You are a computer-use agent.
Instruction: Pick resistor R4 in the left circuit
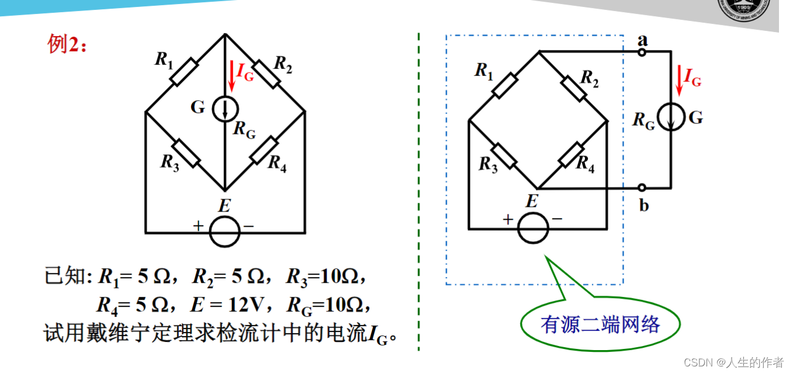click(x=264, y=151)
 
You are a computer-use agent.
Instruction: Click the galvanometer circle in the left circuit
click(x=225, y=109)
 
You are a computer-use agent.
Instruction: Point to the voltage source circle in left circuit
click(x=225, y=232)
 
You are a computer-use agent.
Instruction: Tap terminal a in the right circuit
click(x=642, y=52)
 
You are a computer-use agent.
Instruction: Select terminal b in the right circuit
click(x=642, y=188)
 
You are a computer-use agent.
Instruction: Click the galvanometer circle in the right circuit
click(x=671, y=119)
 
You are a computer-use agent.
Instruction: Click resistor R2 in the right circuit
click(x=573, y=88)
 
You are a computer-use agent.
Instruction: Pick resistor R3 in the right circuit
click(x=504, y=155)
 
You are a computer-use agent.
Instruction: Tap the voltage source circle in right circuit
click(x=533, y=228)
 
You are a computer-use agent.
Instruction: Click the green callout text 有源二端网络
click(x=600, y=324)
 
